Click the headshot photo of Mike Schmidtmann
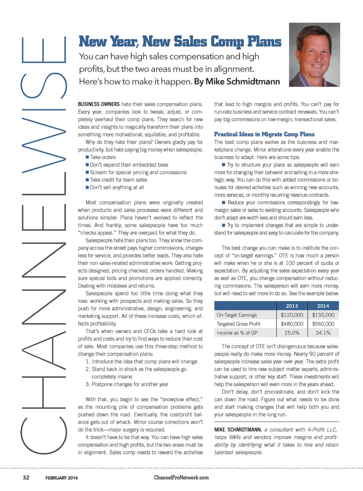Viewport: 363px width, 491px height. click(x=314, y=55)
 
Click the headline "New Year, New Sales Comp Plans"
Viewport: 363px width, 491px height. click(x=180, y=42)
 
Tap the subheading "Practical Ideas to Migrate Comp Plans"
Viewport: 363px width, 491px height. click(x=264, y=134)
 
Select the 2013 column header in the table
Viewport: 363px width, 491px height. click(x=292, y=306)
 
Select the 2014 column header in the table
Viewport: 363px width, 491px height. click(x=323, y=306)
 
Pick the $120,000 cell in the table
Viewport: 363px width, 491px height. click(x=292, y=315)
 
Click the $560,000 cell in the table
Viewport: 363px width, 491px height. click(x=323, y=324)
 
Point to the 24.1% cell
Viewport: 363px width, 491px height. click(x=323, y=333)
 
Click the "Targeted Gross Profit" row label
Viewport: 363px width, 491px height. click(x=238, y=324)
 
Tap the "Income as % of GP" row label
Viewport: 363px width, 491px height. click(x=237, y=333)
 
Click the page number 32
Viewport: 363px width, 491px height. click(x=26, y=478)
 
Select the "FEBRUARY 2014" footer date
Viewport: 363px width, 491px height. click(x=62, y=478)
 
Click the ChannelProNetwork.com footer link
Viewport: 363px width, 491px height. click(x=181, y=478)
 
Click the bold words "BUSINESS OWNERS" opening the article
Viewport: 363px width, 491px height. click(x=99, y=104)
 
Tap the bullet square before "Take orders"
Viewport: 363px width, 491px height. click(x=87, y=157)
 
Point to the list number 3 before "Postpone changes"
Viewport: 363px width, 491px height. click(x=87, y=384)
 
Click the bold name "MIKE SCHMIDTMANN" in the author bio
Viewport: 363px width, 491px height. click(x=237, y=430)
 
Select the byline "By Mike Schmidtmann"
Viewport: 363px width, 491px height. click(x=237, y=82)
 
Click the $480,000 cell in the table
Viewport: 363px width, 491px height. click(x=292, y=324)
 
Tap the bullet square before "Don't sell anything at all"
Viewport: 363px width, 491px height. click(x=87, y=187)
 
